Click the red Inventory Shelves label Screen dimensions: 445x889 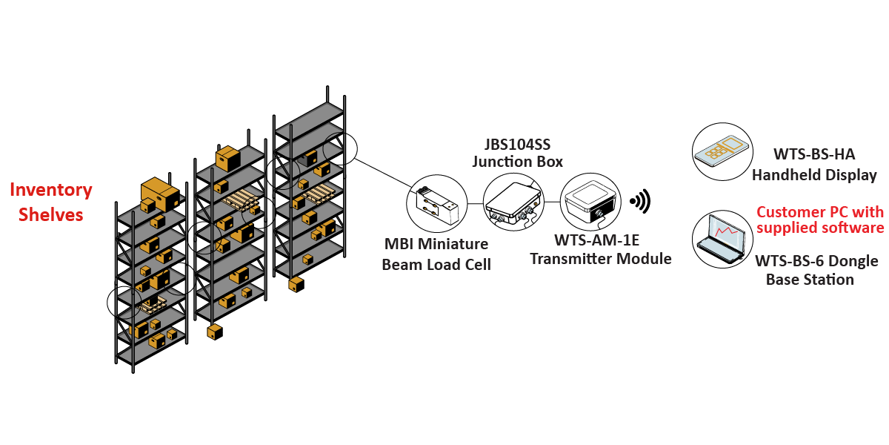click(50, 202)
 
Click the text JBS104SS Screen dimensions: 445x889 click(517, 143)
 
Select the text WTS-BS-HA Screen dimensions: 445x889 click(814, 155)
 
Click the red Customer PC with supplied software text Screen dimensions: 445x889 click(819, 220)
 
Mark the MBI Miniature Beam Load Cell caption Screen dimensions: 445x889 click(436, 254)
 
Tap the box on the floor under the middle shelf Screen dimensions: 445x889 click(215, 331)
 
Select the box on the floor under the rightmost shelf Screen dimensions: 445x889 click(296, 284)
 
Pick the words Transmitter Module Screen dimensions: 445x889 click(601, 259)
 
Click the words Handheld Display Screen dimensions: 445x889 click(814, 176)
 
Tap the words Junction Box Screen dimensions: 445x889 click(517, 161)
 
